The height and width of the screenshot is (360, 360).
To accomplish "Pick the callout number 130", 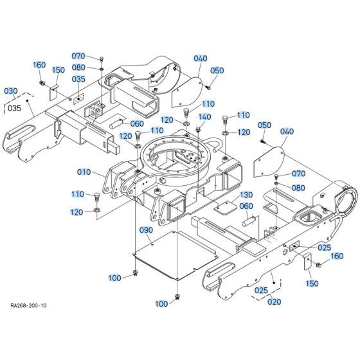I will click(229, 194).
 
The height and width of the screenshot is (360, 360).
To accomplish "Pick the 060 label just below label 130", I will click(228, 206).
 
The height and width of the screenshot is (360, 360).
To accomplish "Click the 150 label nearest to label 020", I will click(312, 283).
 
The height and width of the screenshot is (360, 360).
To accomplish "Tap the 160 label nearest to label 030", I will click(39, 66).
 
